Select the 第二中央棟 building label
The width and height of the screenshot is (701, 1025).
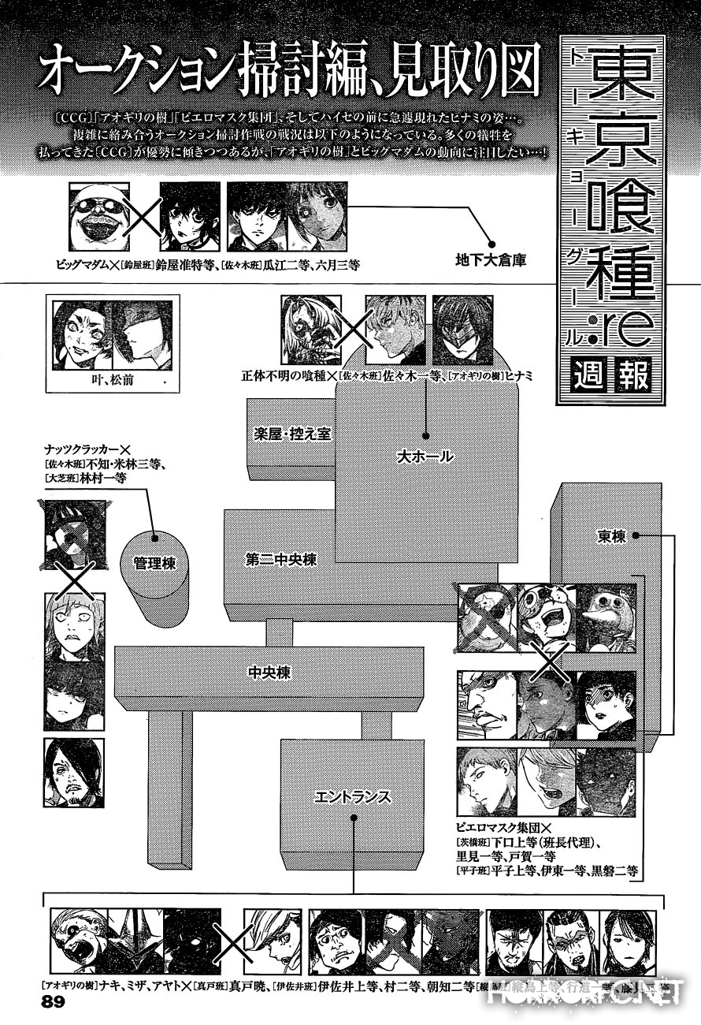pyautogui.click(x=280, y=560)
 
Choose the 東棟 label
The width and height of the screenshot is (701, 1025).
pyautogui.click(x=611, y=536)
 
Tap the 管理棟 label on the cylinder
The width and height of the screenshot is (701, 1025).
pyautogui.click(x=154, y=565)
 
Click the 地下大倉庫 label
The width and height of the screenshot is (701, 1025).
pyautogui.click(x=491, y=259)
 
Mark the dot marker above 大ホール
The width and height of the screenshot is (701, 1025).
pyautogui.click(x=425, y=435)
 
